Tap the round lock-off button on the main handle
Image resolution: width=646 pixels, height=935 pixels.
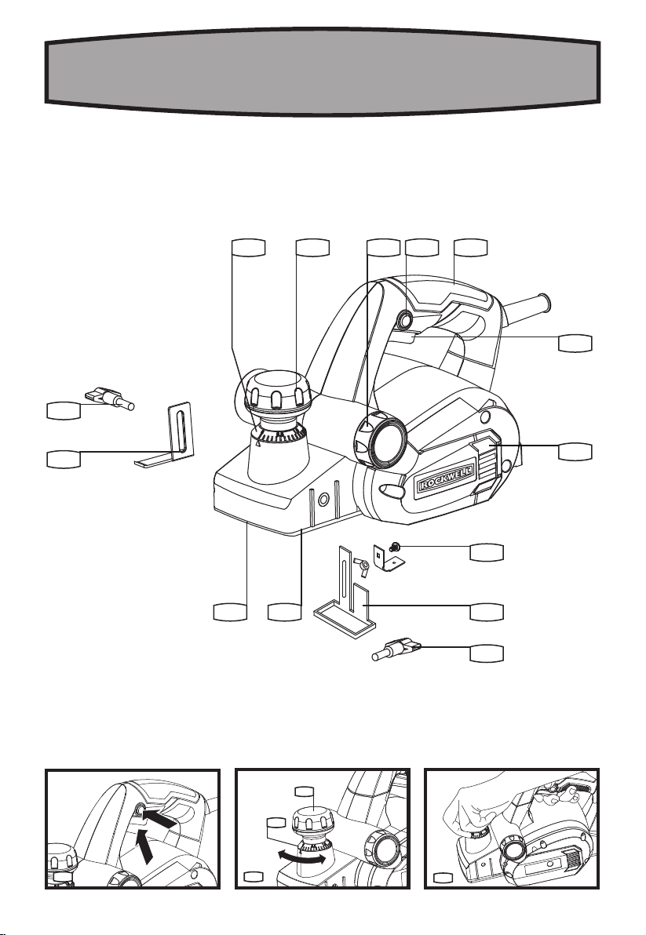[407, 320]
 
